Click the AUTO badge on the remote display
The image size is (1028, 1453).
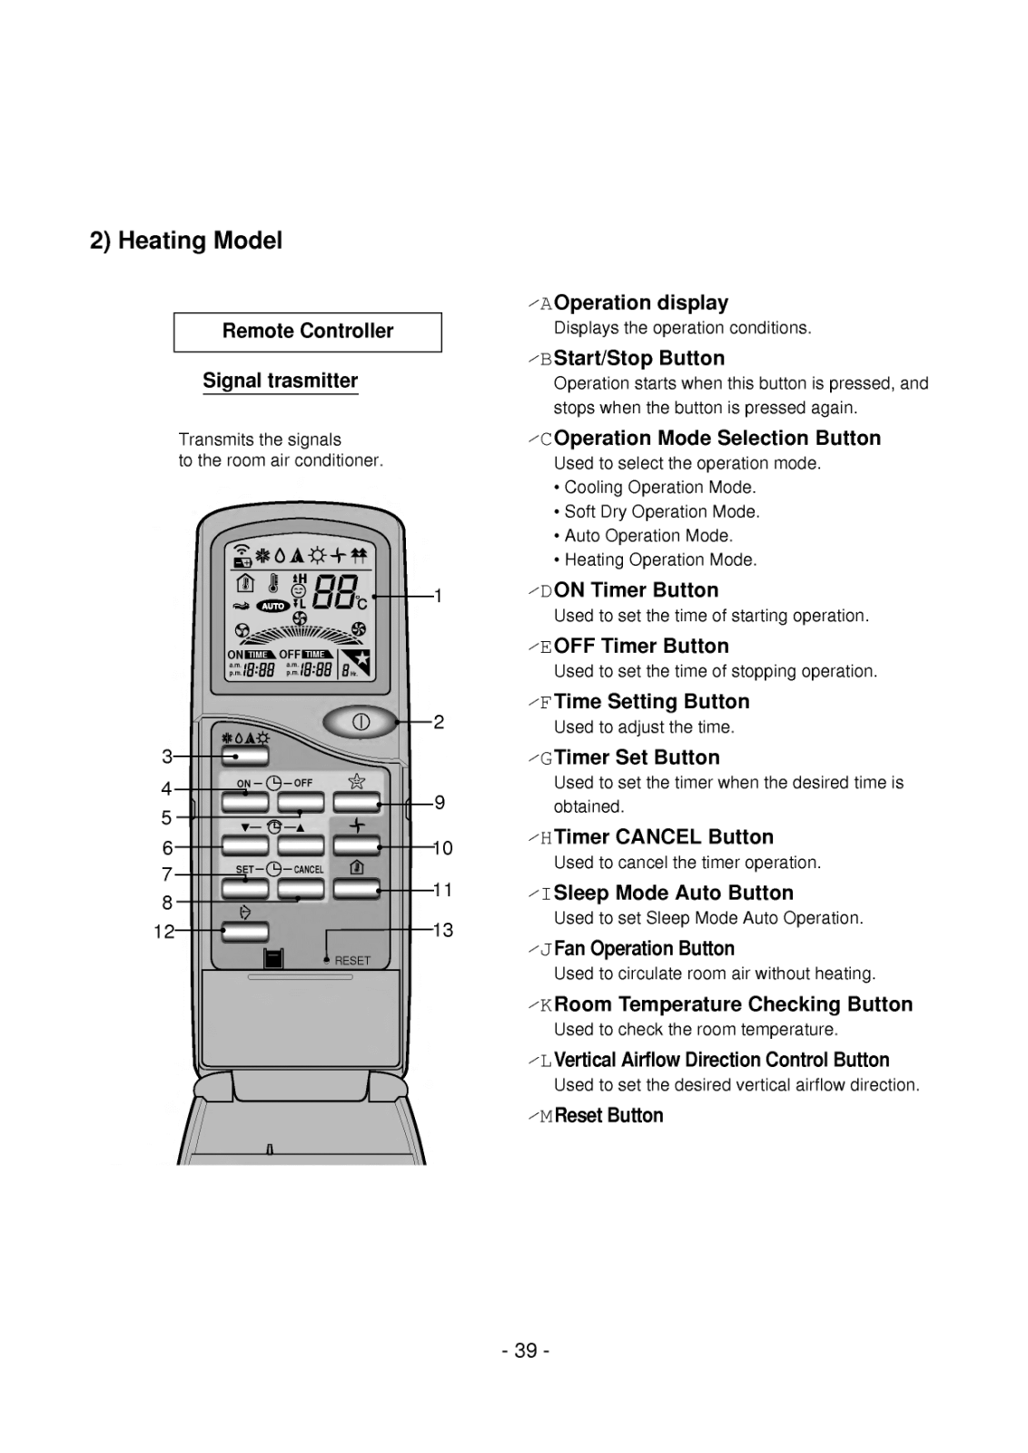pyautogui.click(x=272, y=606)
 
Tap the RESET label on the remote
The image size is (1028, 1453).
pyautogui.click(x=352, y=960)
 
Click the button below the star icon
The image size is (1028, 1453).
pyautogui.click(x=356, y=803)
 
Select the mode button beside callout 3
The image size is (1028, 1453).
pyautogui.click(x=245, y=756)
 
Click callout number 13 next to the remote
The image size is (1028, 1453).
pyautogui.click(x=442, y=930)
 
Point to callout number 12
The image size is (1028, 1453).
pyautogui.click(x=163, y=931)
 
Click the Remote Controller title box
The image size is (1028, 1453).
pyautogui.click(x=308, y=331)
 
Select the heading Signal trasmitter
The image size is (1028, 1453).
pyautogui.click(x=280, y=381)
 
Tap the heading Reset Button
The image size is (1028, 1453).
pyautogui.click(x=608, y=1115)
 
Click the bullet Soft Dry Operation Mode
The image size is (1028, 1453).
pyautogui.click(x=661, y=511)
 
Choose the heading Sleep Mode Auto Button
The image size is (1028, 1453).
pyautogui.click(x=673, y=893)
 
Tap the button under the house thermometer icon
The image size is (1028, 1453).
pyautogui.click(x=356, y=888)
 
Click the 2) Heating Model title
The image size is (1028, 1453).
pyautogui.click(x=186, y=241)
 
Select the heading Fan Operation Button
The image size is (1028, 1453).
pyautogui.click(x=644, y=949)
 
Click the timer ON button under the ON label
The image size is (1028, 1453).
pyautogui.click(x=245, y=803)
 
